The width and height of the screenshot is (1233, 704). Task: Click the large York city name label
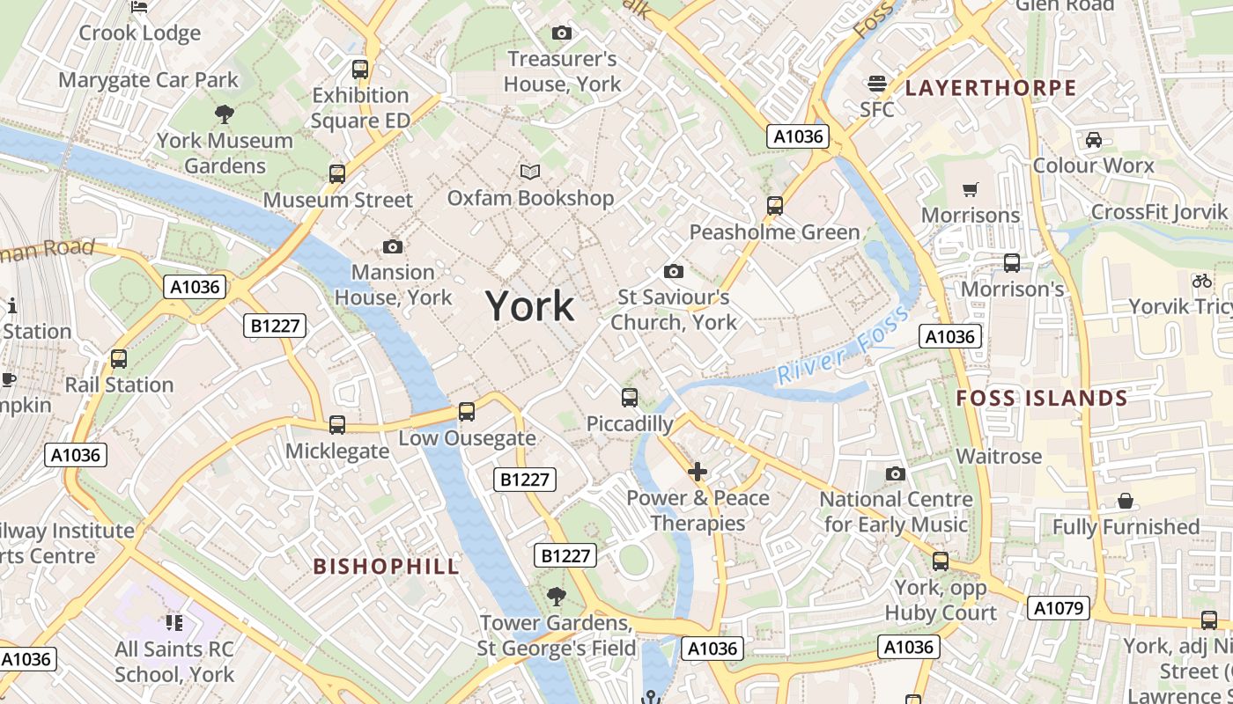[530, 306]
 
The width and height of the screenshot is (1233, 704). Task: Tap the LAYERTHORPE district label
[991, 87]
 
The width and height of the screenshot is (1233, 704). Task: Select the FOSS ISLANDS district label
[1042, 398]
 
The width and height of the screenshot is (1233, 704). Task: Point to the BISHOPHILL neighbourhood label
[387, 566]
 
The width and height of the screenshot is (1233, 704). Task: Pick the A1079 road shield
[1060, 608]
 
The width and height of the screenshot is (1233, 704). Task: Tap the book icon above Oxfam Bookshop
[529, 172]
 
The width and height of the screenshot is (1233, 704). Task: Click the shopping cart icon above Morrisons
[971, 189]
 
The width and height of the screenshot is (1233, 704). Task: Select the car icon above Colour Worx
[1093, 139]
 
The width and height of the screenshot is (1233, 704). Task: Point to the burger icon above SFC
[876, 84]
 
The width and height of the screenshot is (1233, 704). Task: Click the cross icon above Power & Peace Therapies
[698, 472]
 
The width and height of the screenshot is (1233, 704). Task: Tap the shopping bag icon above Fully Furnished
[1126, 501]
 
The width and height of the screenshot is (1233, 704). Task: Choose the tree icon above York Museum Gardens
[224, 114]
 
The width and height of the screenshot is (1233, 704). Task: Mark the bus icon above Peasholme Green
[775, 206]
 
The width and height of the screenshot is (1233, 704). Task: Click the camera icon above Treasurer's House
[561, 33]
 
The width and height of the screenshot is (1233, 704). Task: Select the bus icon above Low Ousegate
[467, 412]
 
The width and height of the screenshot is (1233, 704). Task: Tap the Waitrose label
[999, 456]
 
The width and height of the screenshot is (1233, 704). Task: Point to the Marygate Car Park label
[148, 80]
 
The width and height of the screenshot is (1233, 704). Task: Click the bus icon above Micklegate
[337, 425]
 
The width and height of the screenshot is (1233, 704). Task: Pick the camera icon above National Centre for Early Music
[896, 474]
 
